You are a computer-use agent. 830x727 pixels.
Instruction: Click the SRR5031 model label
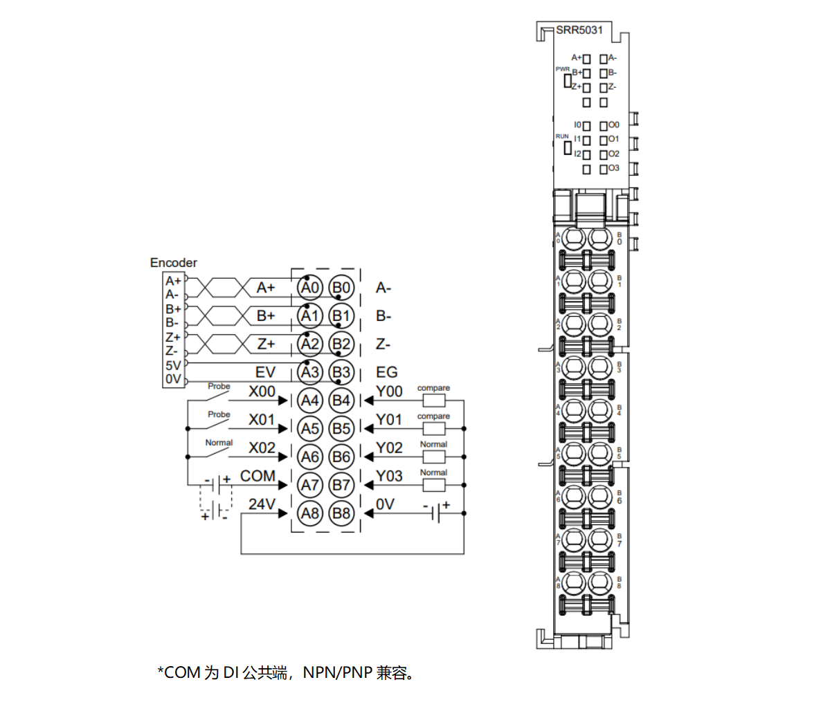(579, 30)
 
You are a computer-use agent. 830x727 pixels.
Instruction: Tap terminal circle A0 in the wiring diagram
(310, 288)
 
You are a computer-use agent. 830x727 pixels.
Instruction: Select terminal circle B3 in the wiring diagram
(341, 372)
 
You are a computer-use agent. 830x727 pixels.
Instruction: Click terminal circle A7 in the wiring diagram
(310, 485)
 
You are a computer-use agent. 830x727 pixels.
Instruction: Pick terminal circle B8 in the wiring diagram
(341, 513)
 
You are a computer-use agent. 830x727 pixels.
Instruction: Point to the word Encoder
(173, 263)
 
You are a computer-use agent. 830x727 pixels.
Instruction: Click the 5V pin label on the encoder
(173, 365)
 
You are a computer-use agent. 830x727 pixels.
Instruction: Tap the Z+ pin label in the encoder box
(173, 338)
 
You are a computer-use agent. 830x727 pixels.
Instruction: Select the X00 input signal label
(262, 392)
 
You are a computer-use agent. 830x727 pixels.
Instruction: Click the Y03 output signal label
(389, 476)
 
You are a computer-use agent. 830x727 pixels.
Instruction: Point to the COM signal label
(258, 476)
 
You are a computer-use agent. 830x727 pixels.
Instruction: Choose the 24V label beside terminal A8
(262, 504)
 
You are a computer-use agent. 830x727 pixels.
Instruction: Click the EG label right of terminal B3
(387, 372)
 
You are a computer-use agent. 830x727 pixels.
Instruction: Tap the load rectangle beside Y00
(433, 400)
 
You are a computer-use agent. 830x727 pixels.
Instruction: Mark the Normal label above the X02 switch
(219, 443)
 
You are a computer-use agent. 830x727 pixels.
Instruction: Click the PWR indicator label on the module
(562, 69)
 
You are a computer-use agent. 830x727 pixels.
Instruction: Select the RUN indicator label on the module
(562, 136)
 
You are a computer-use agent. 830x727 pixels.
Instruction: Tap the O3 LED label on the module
(614, 168)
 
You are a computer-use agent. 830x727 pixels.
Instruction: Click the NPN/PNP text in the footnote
(337, 672)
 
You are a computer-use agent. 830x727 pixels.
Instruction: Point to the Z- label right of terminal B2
(384, 344)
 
